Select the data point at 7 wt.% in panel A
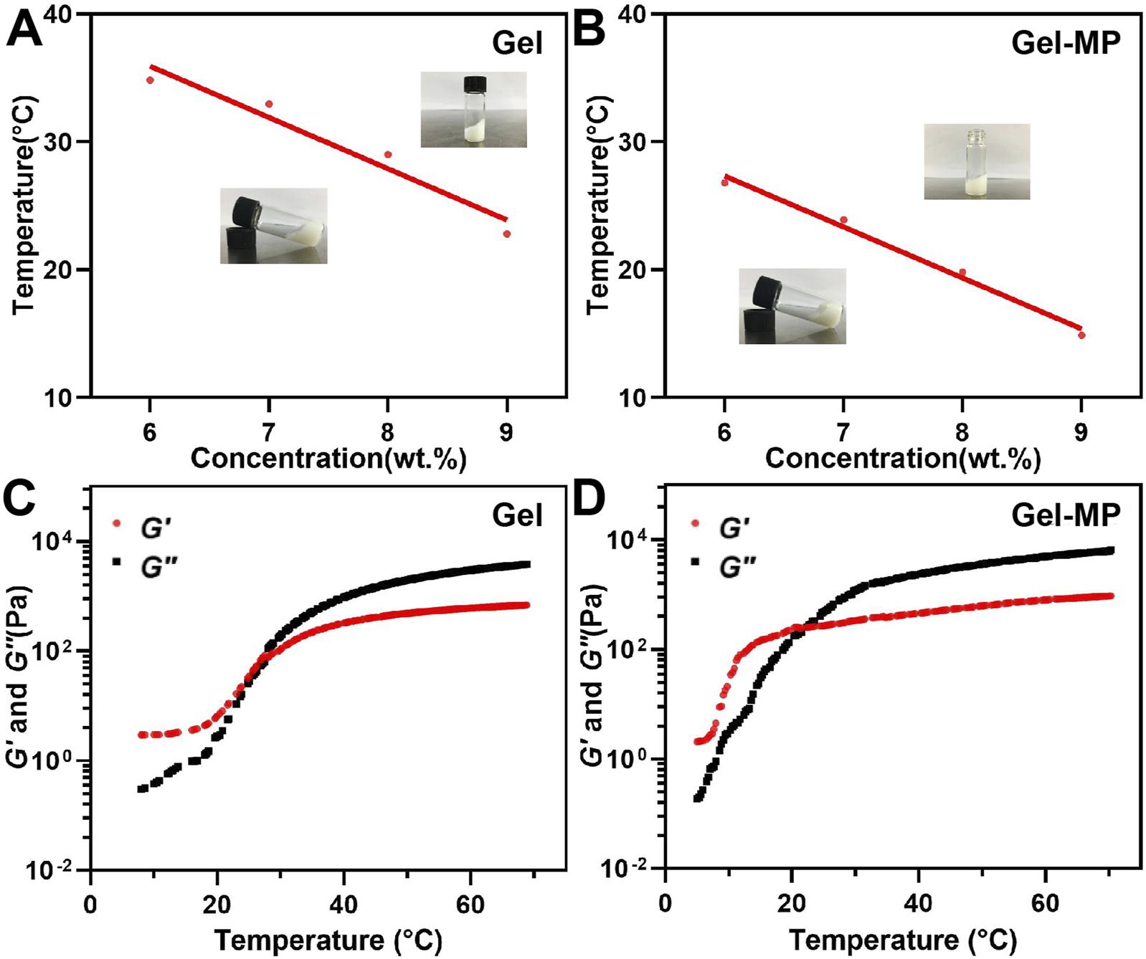269,104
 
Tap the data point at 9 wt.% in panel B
1081,335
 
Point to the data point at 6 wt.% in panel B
724,183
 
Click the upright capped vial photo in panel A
473,110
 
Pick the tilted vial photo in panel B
792,306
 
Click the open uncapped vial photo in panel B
977,161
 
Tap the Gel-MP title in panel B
1065,43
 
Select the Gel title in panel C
517,515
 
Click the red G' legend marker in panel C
117,523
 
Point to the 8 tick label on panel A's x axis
388,432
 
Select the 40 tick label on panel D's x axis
919,903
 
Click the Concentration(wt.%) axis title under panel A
328,459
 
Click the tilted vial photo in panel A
273,226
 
